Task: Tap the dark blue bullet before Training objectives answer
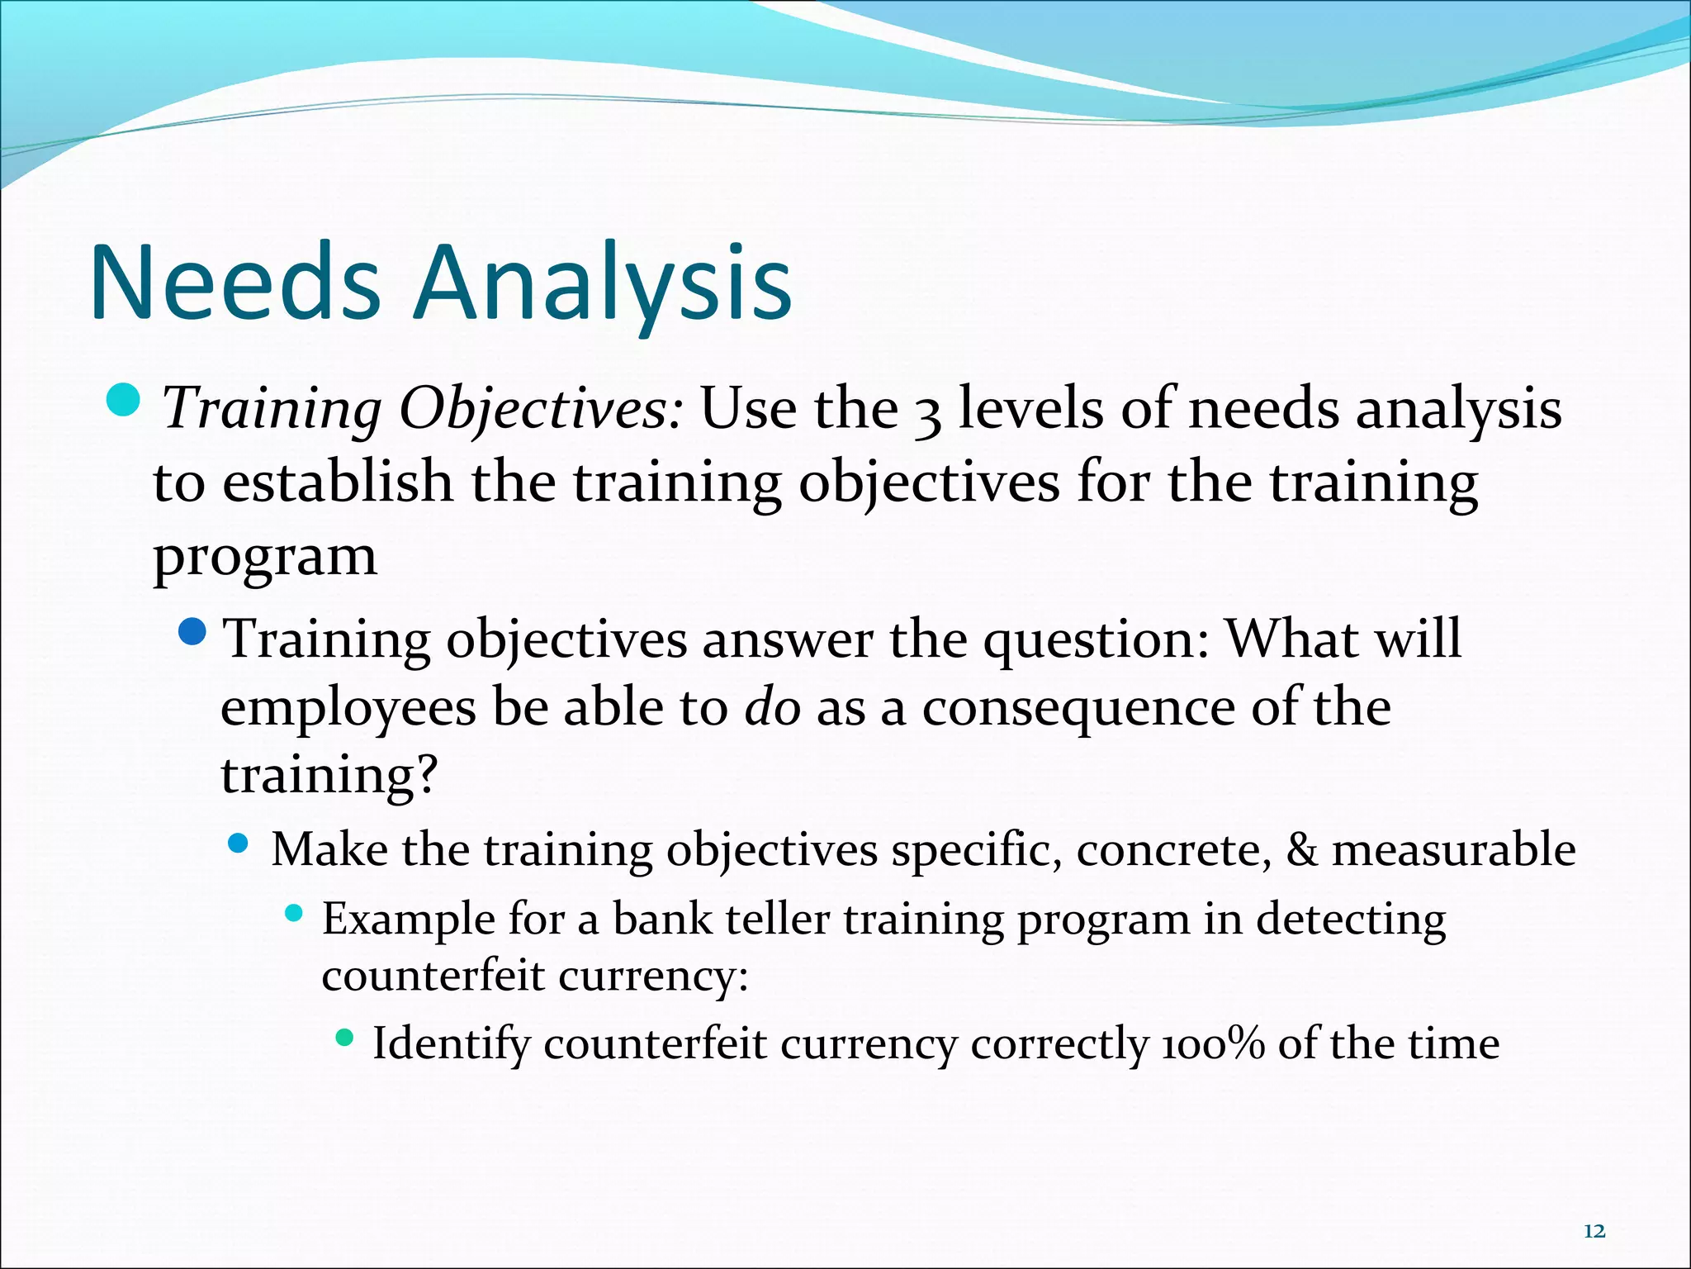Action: [192, 633]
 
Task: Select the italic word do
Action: [772, 708]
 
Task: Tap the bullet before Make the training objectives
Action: [239, 844]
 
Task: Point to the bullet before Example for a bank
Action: [293, 914]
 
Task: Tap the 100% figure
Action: [1213, 1043]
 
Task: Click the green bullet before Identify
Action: [345, 1036]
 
